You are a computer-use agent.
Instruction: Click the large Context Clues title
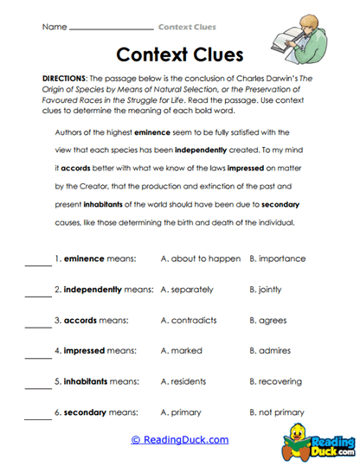[x=180, y=56]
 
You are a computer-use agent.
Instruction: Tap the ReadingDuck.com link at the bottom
[x=180, y=440]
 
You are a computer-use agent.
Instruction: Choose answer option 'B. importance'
[x=277, y=258]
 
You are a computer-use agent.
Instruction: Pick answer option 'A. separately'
[x=187, y=289]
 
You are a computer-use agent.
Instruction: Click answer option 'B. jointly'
[x=265, y=289]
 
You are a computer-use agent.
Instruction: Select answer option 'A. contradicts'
[x=189, y=320]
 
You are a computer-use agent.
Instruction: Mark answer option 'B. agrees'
[x=267, y=320]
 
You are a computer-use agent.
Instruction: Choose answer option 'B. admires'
[x=269, y=351]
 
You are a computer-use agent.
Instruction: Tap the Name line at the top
[x=110, y=28]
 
